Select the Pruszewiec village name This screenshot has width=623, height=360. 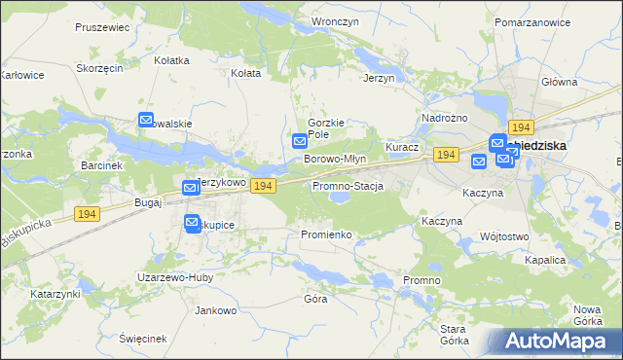coord(101,27)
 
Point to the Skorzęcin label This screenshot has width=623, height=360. coord(100,69)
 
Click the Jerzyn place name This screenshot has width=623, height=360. coord(379,78)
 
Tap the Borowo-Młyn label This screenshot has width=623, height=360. coord(334,159)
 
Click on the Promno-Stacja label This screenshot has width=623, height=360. coord(348,186)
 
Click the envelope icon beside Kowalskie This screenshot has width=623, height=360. coord(146,121)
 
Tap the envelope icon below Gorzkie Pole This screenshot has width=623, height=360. coord(301,141)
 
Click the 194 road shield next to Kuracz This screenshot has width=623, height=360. coord(446,156)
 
